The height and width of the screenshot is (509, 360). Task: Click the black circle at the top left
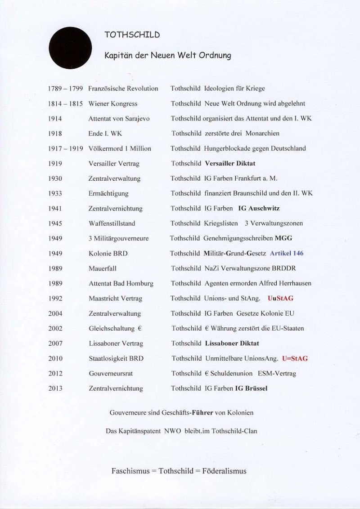point(70,48)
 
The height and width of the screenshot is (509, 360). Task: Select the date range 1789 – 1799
point(65,89)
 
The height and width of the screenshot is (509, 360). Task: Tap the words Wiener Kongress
point(113,104)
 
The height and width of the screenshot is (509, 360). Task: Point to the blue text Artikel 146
point(287,253)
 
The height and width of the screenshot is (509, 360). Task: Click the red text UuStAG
point(280,298)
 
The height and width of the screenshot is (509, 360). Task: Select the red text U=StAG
point(295,358)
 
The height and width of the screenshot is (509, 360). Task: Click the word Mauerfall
point(103,268)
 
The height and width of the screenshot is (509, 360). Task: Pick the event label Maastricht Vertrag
point(116,299)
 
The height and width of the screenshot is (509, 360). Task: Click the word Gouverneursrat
point(111,374)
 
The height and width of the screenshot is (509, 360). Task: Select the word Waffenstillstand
point(112,223)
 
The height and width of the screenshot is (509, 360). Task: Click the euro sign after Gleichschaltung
point(140,328)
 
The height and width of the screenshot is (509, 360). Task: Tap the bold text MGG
point(283,238)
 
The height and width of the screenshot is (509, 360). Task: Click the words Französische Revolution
point(123,89)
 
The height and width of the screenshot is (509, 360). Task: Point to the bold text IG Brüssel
point(251,388)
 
